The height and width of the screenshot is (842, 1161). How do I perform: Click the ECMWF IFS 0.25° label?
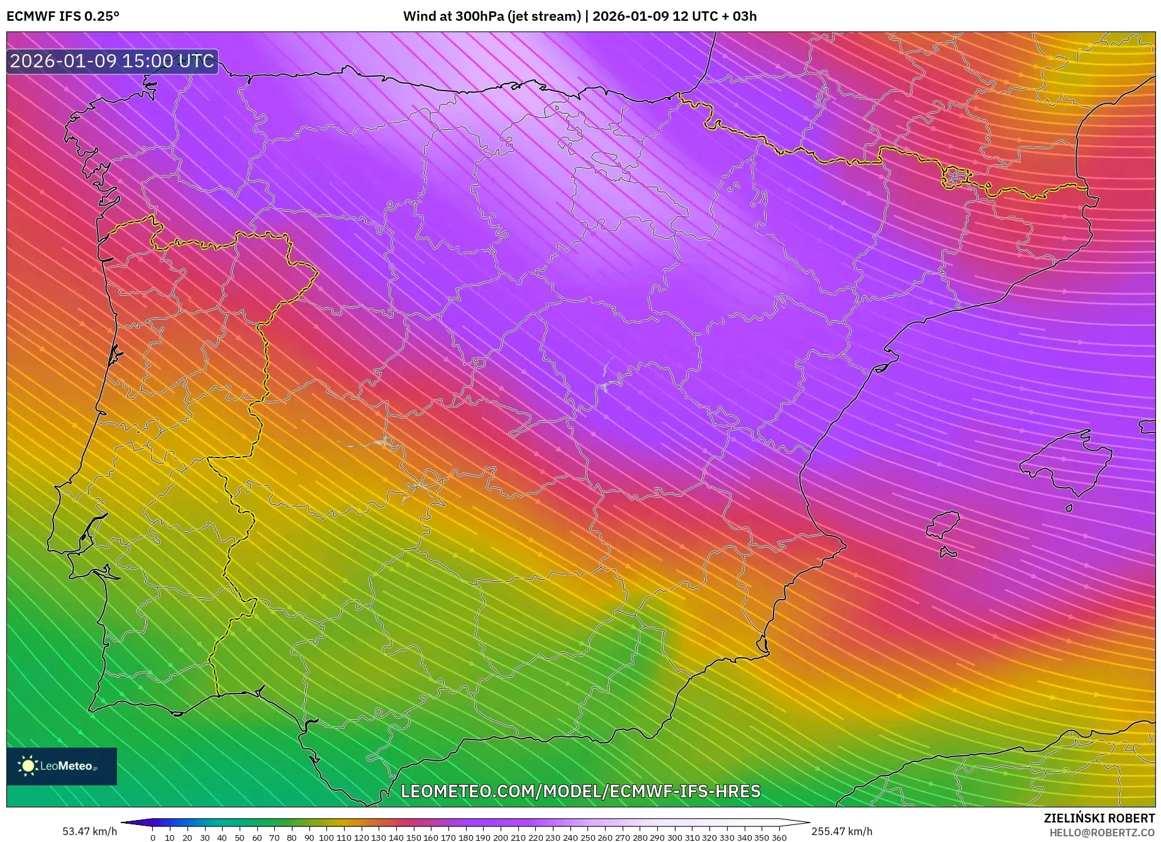pyautogui.click(x=63, y=16)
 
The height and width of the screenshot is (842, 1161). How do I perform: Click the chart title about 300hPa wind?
pyautogui.click(x=579, y=16)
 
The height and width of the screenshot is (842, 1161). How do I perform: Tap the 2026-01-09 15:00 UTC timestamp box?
pyautogui.click(x=112, y=61)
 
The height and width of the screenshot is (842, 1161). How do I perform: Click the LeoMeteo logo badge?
pyautogui.click(x=62, y=766)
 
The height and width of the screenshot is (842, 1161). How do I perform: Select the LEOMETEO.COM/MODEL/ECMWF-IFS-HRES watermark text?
pyautogui.click(x=580, y=791)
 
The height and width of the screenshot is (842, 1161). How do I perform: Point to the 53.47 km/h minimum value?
pyautogui.click(x=89, y=831)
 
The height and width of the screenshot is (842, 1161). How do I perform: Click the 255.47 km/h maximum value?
pyautogui.click(x=842, y=831)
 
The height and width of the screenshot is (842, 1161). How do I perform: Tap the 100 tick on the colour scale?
pyautogui.click(x=326, y=837)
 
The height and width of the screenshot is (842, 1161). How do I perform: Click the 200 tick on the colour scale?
pyautogui.click(x=500, y=837)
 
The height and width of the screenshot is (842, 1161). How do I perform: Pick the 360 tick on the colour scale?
pyautogui.click(x=779, y=837)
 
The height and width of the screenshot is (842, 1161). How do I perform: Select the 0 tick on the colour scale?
pyautogui.click(x=153, y=837)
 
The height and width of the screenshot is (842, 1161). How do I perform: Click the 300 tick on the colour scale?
pyautogui.click(x=674, y=837)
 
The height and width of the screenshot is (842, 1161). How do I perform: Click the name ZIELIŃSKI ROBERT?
pyautogui.click(x=1099, y=818)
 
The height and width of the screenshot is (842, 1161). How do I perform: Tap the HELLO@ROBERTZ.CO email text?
pyautogui.click(x=1102, y=833)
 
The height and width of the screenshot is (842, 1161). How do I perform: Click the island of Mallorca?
pyautogui.click(x=1065, y=463)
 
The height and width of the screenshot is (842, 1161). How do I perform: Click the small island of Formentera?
pyautogui.click(x=948, y=553)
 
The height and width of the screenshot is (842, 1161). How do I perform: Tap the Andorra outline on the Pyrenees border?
pyautogui.click(x=955, y=177)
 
